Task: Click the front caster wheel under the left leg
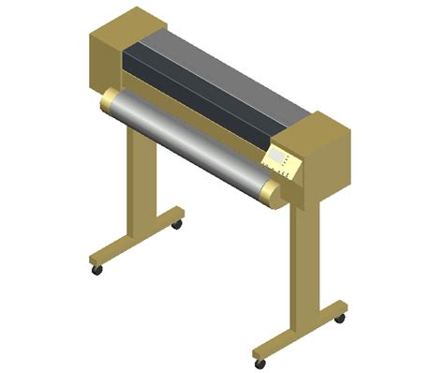[x=96, y=270]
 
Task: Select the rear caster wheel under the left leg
[x=177, y=225]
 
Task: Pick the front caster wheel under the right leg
[x=259, y=364]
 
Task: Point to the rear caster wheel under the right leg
[x=339, y=319]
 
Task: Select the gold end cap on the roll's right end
[x=271, y=195]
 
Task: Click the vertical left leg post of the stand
[x=137, y=183]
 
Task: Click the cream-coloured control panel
[x=284, y=162]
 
